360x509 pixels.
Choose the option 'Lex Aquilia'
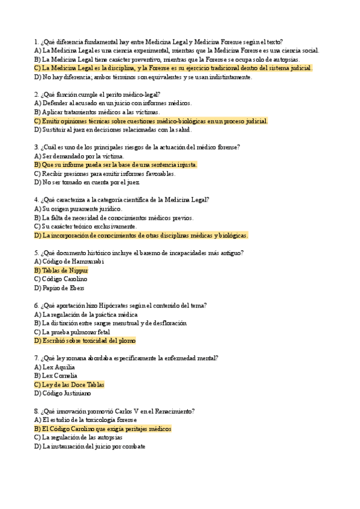coord(56,367)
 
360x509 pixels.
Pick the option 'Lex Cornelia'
coord(58,376)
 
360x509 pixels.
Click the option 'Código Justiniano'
coord(63,393)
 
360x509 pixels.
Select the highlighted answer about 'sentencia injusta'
coord(116,164)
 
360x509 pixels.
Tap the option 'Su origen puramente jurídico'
coord(78,209)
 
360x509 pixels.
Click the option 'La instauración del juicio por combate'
coord(89,446)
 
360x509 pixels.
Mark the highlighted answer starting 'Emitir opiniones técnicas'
coord(151,121)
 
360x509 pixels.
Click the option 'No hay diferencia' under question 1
coord(143,77)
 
